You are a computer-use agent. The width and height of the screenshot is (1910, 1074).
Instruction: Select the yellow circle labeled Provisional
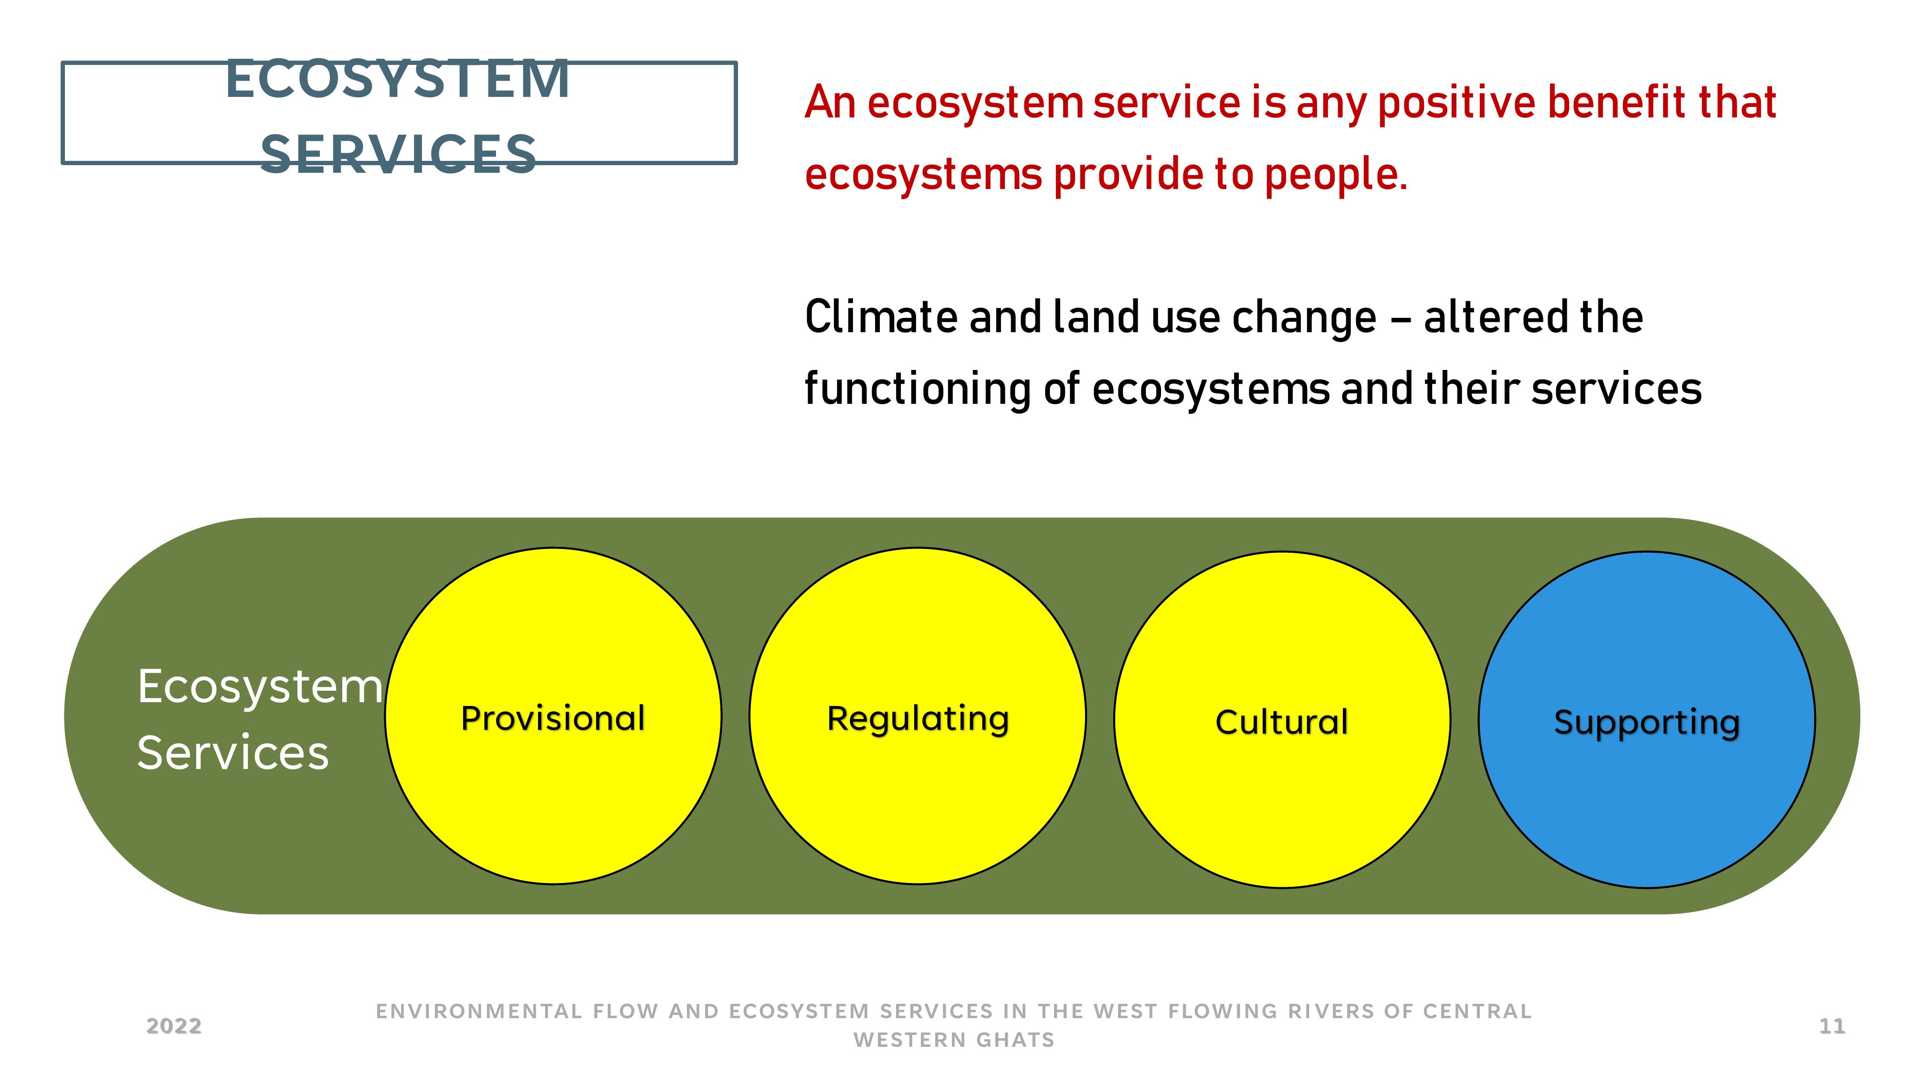(x=553, y=716)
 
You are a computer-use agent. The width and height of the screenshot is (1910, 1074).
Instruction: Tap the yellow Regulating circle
(x=918, y=716)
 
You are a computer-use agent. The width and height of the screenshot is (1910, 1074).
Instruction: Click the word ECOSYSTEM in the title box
(x=398, y=79)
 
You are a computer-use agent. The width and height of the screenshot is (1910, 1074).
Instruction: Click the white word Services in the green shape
(x=233, y=753)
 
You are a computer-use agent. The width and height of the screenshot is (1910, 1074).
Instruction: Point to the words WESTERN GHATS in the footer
(x=954, y=1040)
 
